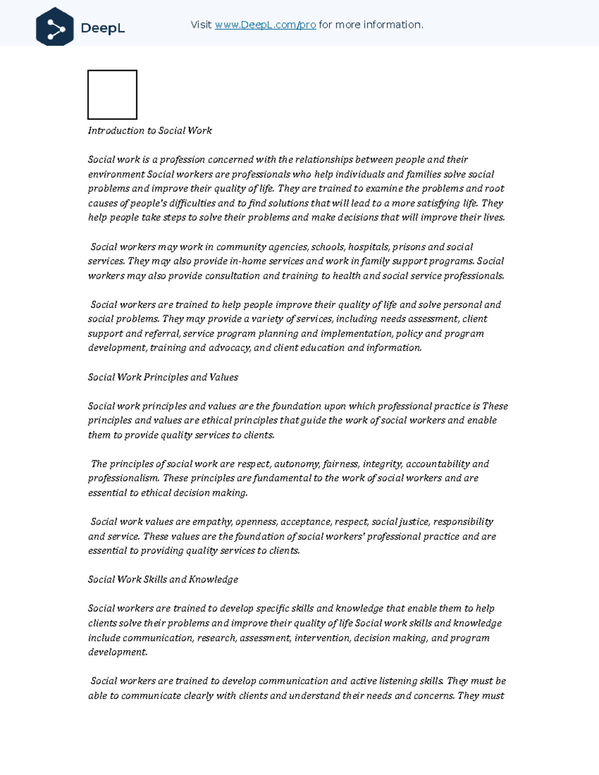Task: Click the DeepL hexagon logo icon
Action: tap(55, 27)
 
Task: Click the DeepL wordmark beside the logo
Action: tap(103, 28)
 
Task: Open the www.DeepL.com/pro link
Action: tap(265, 25)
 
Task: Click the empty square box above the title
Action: tap(112, 95)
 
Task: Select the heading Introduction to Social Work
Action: tap(150, 131)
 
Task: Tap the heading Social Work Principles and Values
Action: tap(163, 377)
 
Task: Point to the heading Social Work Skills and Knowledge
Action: tap(163, 579)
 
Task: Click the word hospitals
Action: tap(368, 247)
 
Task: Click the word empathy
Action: tap(212, 522)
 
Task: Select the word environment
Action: tap(116, 175)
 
